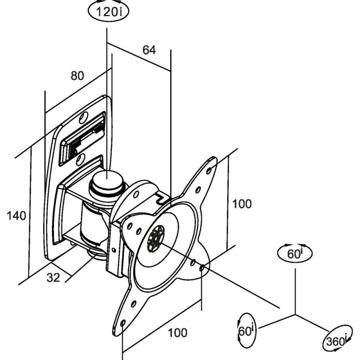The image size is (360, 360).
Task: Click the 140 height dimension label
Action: coord(16,216)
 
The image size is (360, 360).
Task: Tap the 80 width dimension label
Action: coord(77,76)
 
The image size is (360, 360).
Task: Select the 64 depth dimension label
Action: coord(149,50)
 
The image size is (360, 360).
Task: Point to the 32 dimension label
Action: coord(53,278)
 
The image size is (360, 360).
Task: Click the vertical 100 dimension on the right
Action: coord(242,204)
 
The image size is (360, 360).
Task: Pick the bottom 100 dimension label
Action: coord(177,333)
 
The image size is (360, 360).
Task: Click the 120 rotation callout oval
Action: coord(108,12)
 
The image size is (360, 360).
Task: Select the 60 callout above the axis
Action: coord(295,253)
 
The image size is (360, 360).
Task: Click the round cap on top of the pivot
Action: coord(107,179)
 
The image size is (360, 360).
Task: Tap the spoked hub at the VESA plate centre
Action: coord(156,238)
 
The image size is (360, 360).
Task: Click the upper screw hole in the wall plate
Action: coord(83,117)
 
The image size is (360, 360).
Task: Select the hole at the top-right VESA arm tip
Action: coord(209,171)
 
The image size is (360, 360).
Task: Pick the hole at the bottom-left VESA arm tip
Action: coord(122,323)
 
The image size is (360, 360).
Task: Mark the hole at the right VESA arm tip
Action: coord(202,268)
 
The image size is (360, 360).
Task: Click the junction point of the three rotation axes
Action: coord(295,315)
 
